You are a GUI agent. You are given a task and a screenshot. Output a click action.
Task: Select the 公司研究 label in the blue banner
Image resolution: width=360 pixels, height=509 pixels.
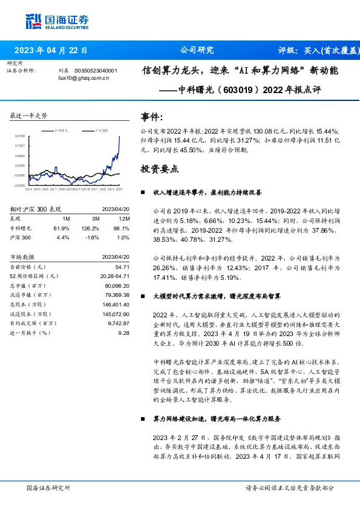197,51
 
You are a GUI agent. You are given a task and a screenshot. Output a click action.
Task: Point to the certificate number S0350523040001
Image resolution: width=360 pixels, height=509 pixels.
96,71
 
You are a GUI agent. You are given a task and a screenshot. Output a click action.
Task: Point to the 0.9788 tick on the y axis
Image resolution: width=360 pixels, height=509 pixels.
20,137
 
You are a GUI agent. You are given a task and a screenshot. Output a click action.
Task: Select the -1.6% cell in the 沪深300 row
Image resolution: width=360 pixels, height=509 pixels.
91,238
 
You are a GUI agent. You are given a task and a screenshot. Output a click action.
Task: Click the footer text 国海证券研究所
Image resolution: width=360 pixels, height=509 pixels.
48,487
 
